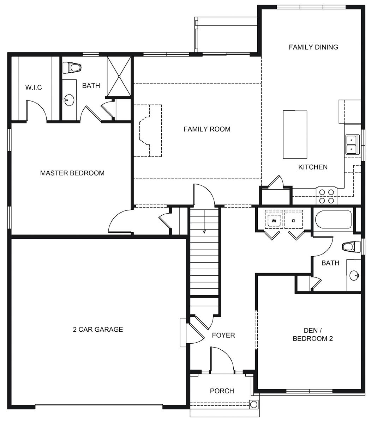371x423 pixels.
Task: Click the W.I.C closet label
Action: tap(34, 87)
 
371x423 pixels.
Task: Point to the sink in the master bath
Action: tap(69, 100)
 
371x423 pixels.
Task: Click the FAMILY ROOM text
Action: tap(207, 129)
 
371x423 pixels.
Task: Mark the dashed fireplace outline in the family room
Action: tap(148, 130)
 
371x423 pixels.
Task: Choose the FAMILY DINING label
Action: tap(313, 47)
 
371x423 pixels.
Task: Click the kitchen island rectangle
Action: tap(295, 135)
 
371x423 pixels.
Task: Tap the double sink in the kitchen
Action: tap(351, 145)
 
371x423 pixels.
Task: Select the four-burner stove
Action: tap(327, 196)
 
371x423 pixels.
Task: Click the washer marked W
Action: tap(274, 221)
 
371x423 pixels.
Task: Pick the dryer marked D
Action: tap(293, 221)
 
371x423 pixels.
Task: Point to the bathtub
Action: tap(334, 220)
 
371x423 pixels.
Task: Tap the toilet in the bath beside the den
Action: tap(351, 246)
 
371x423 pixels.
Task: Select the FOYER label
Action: tap(223, 335)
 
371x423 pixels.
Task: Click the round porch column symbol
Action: tap(253, 404)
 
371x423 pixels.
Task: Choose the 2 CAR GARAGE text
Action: tap(98, 330)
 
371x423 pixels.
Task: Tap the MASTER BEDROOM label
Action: tap(72, 173)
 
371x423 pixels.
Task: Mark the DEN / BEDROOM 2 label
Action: tap(313, 335)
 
